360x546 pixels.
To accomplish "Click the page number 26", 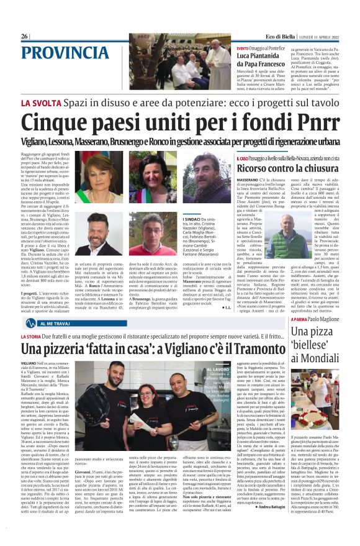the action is pos(24,37).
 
